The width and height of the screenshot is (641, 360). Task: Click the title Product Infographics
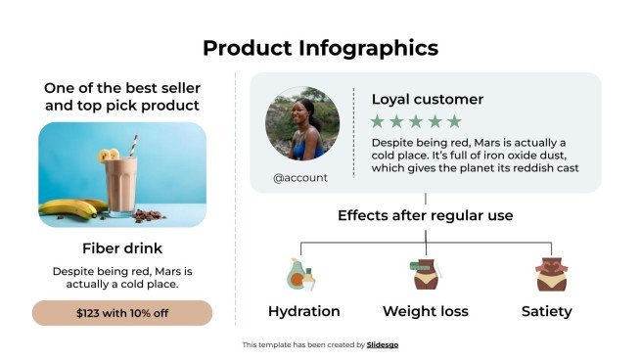[320, 48]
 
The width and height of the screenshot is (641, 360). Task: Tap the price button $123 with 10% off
[122, 313]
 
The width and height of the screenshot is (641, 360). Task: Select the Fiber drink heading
[122, 247]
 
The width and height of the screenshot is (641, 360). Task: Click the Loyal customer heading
[427, 99]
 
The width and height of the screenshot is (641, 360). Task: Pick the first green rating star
[378, 122]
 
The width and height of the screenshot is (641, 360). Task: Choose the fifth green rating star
[454, 122]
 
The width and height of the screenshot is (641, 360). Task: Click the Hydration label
[303, 312]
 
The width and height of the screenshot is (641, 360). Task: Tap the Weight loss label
[426, 312]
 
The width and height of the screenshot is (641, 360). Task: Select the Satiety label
[546, 312]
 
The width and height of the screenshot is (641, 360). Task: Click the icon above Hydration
[302, 275]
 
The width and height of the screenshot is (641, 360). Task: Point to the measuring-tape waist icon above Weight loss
[425, 275]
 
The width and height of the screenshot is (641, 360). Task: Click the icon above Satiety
[546, 275]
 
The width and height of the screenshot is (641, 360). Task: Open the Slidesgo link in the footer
[383, 344]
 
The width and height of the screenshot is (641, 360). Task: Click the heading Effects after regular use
[425, 216]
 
